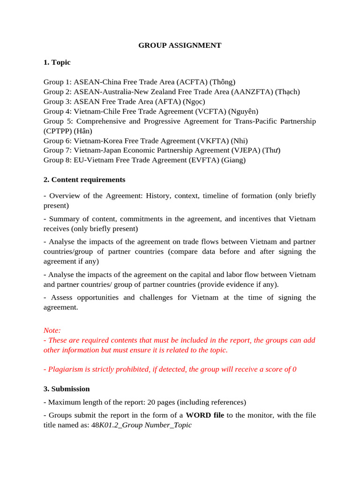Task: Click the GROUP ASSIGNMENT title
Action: tap(180, 45)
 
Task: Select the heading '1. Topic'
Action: tap(57, 62)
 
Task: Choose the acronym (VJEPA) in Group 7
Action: tap(247, 150)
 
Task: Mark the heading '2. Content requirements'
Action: tap(84, 180)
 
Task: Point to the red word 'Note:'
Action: tap(52, 330)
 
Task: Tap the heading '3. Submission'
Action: tap(67, 389)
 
